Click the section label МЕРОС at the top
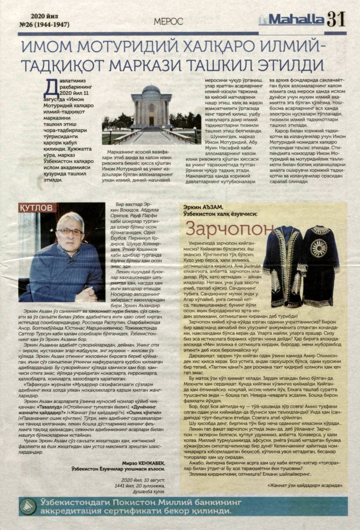coord(165,20)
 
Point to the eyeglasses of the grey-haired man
coord(69,232)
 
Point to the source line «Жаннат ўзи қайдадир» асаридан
coord(302,485)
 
